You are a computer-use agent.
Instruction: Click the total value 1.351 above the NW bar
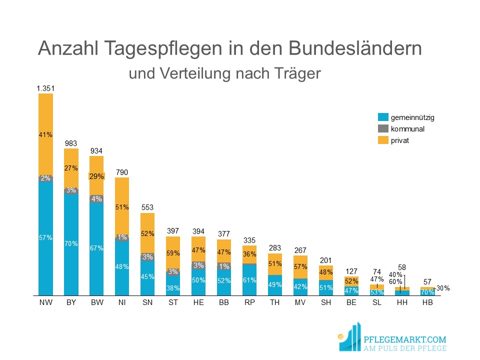click(x=45, y=88)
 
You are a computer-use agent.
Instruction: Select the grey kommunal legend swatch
click(x=383, y=128)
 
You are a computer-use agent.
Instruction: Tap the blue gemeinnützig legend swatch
click(x=383, y=117)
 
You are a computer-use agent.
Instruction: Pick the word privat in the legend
click(x=400, y=140)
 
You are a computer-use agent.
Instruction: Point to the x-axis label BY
click(x=71, y=302)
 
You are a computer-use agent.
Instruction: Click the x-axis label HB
click(x=427, y=302)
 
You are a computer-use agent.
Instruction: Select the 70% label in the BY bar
click(x=71, y=243)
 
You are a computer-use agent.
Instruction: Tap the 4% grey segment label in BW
click(x=96, y=199)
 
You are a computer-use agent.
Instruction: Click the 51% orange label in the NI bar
click(x=122, y=207)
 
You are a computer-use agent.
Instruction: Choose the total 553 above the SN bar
click(x=147, y=207)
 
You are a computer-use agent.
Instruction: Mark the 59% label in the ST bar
click(x=173, y=253)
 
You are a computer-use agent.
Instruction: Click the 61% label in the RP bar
click(x=249, y=280)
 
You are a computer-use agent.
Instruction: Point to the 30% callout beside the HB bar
click(x=443, y=288)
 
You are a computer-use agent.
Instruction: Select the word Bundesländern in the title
click(x=355, y=48)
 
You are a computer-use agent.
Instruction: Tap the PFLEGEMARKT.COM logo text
click(x=404, y=339)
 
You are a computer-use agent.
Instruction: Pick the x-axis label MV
click(x=300, y=302)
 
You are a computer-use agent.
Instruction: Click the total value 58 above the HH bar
click(x=402, y=267)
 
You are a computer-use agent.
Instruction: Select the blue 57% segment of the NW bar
click(x=45, y=238)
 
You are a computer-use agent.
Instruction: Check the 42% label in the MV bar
click(x=300, y=287)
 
